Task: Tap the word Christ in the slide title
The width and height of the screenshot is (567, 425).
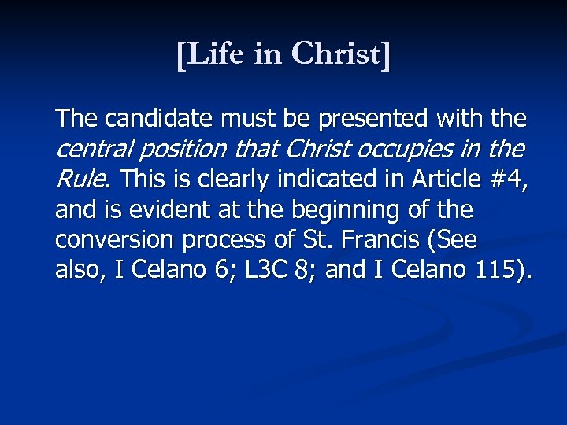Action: tap(340, 55)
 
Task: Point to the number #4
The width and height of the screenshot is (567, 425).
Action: tap(506, 179)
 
